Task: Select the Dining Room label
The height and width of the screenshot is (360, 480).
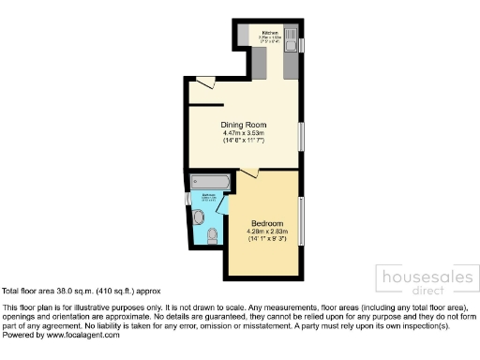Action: [244, 125]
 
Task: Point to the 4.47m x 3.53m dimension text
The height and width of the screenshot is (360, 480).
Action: [244, 133]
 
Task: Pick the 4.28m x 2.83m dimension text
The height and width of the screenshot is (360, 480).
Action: [266, 232]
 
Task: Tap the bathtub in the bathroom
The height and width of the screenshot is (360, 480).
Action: [207, 180]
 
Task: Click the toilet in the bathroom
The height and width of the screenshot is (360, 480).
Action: [211, 233]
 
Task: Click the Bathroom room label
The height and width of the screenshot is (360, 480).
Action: [209, 196]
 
